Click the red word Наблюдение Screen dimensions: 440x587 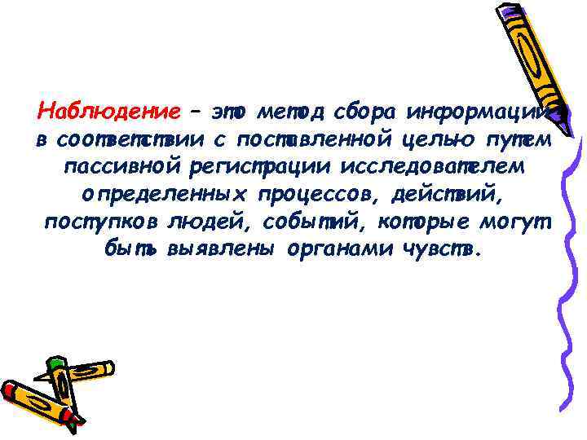[109, 110]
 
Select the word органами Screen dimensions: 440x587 [342, 249]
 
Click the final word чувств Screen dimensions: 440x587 [441, 249]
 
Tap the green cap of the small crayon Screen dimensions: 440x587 [55, 364]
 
